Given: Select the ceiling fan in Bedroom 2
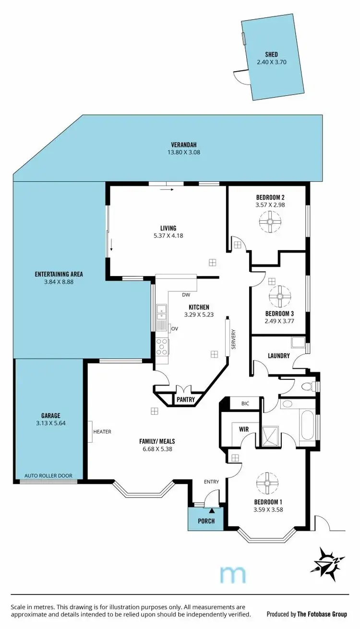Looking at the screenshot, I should (x=270, y=223).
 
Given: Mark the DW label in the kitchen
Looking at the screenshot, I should (x=186, y=295).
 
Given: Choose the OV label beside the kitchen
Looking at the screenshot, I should (x=175, y=328).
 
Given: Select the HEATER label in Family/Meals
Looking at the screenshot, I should (x=103, y=432).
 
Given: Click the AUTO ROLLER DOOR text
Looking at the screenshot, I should (x=48, y=476).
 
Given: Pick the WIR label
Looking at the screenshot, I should (x=244, y=429).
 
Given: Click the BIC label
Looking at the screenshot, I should (x=245, y=404).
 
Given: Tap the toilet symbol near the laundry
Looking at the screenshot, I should (x=312, y=386).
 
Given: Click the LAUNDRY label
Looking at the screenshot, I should (x=279, y=356).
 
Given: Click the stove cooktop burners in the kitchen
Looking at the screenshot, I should (x=162, y=347).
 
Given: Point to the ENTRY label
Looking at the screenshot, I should (x=211, y=482).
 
